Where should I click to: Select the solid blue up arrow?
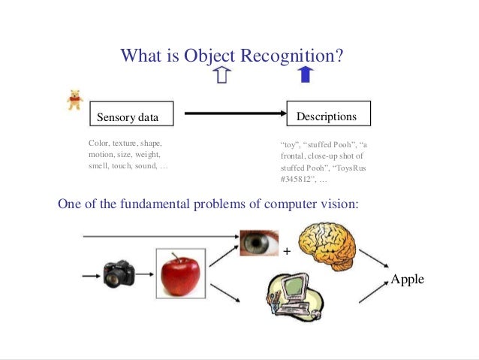[304, 74]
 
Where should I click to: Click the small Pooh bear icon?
[74, 99]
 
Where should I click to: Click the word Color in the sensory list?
[98, 142]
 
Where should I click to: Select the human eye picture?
[259, 243]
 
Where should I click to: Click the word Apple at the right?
[407, 279]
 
